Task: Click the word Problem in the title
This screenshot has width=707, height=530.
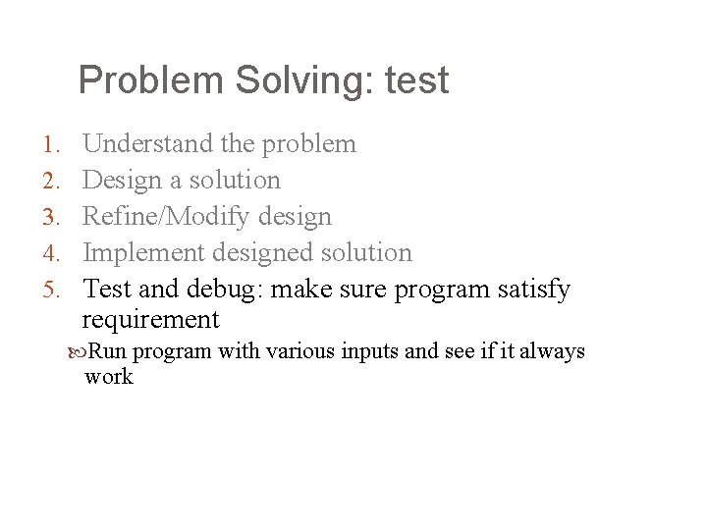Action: tap(151, 80)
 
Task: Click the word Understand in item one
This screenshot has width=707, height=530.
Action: tap(147, 144)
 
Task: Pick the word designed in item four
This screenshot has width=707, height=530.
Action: tap(260, 253)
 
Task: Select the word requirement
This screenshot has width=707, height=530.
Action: tap(150, 320)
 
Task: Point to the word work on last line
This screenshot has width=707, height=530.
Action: tap(108, 377)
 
